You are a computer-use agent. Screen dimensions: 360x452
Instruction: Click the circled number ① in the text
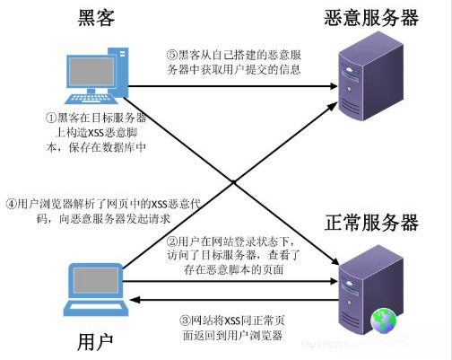coord(51,118)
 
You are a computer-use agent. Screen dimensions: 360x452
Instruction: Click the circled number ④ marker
coord(10,202)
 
